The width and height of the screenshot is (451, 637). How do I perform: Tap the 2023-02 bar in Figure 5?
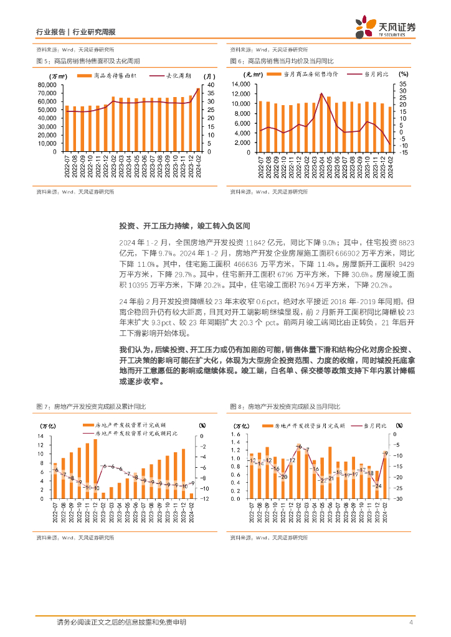tap(113, 124)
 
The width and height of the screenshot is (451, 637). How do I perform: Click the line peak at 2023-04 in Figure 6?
tap(321, 93)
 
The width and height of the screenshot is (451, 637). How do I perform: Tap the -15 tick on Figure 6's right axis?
tap(404, 151)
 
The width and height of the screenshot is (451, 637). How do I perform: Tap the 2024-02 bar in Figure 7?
tap(191, 496)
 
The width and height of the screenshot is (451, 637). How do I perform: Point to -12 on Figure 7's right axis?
tap(204, 498)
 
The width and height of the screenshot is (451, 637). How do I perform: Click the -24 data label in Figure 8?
tap(377, 486)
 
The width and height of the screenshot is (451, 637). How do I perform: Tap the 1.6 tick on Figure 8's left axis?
tap(235, 434)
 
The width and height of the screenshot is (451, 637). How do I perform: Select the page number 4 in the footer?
tap(411, 622)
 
